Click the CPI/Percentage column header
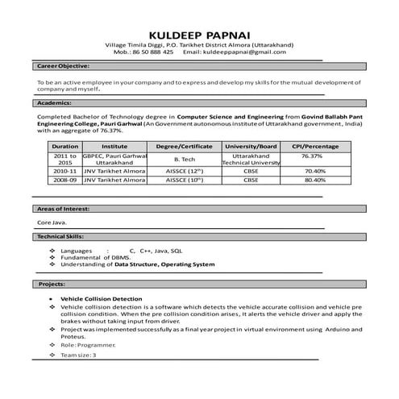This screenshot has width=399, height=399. (x=315, y=146)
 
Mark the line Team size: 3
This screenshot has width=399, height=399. (x=79, y=355)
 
